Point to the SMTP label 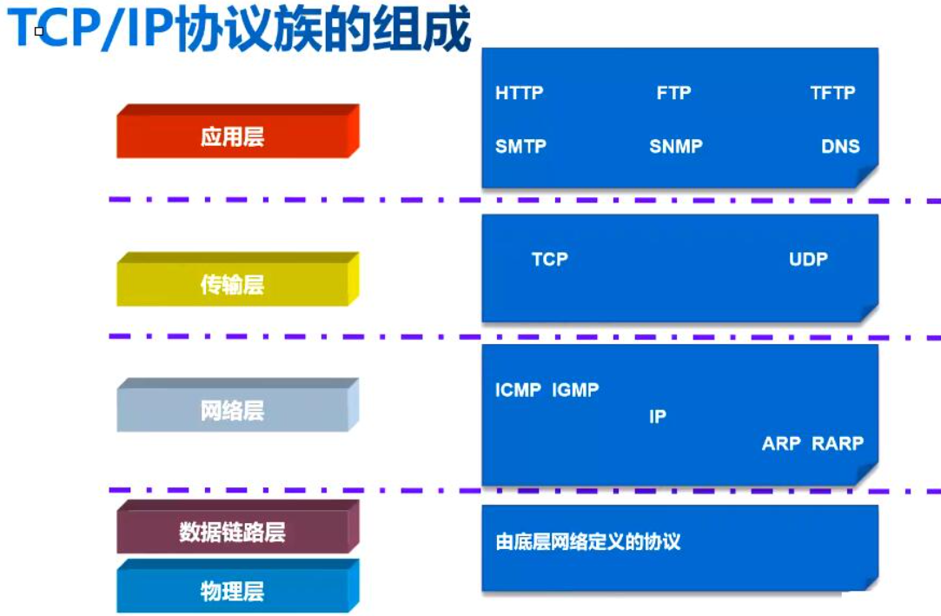[520, 147]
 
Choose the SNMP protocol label [675, 147]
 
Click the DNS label [840, 147]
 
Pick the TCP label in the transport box [549, 259]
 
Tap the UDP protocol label [808, 259]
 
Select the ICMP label [518, 391]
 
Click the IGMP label [575, 391]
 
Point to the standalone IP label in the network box [658, 417]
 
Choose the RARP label [838, 444]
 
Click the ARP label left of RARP [781, 444]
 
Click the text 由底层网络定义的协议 [587, 543]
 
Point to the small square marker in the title [39, 31]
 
